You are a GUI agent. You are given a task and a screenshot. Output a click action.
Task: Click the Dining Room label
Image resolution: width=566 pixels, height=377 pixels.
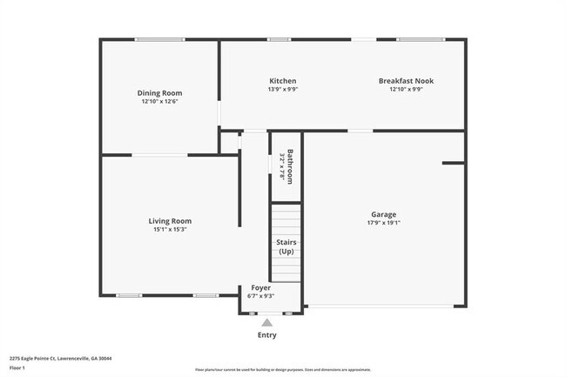[159, 93]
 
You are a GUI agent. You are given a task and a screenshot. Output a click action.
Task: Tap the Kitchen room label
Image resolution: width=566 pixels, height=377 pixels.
[282, 81]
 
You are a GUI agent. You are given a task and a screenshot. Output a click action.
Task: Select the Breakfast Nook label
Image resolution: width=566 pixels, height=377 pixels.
[406, 81]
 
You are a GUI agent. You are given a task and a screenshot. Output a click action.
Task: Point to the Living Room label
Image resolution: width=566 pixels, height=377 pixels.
[170, 221]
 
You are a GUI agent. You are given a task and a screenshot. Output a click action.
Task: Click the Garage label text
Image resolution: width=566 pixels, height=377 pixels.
[383, 214]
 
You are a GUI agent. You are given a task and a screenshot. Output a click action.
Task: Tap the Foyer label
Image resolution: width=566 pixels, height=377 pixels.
[261, 287]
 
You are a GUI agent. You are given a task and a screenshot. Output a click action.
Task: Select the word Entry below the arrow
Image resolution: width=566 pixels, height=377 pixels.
[267, 335]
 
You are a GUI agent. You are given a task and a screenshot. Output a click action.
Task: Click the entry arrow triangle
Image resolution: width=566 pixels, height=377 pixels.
[267, 322]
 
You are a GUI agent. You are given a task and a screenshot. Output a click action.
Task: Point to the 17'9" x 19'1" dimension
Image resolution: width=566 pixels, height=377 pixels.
[383, 223]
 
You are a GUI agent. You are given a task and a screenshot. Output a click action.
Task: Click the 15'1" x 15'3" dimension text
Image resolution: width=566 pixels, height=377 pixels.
[170, 230]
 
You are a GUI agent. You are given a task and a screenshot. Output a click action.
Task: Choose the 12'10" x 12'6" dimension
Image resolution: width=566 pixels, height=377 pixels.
[159, 102]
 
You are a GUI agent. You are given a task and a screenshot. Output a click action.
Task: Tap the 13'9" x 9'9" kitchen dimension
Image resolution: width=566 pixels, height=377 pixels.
[282, 89]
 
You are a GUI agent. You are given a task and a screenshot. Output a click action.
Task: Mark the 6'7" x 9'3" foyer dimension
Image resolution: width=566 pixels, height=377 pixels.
[261, 296]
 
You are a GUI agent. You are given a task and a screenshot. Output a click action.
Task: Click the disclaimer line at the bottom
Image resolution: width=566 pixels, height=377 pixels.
[282, 370]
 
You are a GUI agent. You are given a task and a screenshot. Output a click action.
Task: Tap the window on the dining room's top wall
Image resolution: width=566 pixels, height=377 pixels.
[158, 39]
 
